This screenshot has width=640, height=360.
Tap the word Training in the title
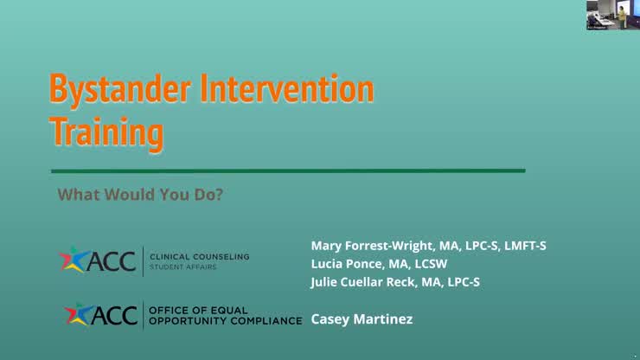click(106, 132)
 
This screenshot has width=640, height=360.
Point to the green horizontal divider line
click(287, 170)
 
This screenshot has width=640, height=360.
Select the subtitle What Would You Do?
click(140, 195)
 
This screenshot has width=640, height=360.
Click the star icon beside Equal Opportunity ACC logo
click(80, 315)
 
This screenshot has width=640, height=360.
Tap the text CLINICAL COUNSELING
click(199, 256)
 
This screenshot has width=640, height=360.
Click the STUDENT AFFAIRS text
click(183, 267)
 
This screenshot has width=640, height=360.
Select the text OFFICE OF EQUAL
click(198, 310)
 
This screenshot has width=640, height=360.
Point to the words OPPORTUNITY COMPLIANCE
click(225, 320)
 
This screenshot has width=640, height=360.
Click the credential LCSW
click(441, 264)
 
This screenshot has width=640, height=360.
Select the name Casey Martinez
click(362, 319)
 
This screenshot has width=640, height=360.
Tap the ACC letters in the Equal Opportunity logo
click(117, 315)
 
